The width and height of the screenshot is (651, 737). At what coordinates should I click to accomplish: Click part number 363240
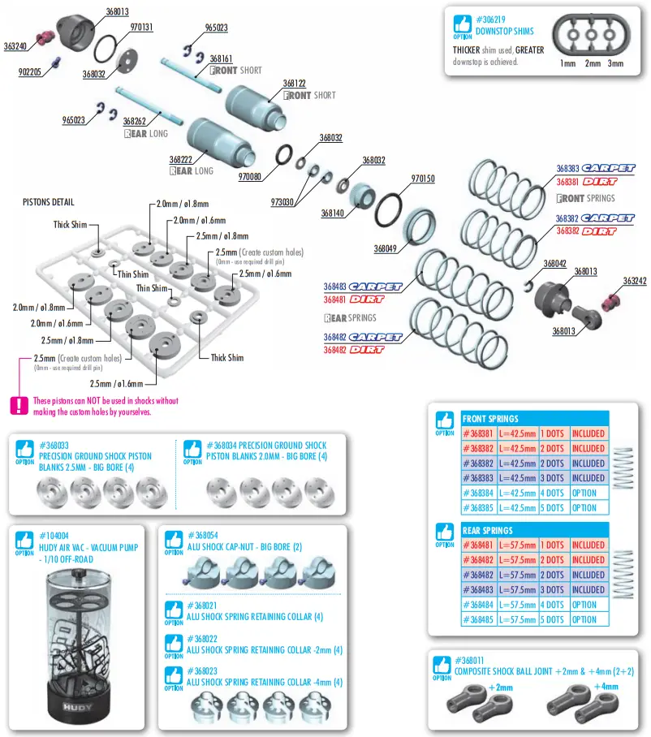pos(15,46)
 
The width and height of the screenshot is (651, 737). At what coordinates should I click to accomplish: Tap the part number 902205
pos(30,71)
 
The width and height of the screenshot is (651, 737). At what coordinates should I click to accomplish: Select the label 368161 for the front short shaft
pos(221,59)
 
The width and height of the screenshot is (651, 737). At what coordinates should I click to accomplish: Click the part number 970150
pos(423,179)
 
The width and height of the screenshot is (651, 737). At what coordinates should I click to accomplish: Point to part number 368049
pos(386,249)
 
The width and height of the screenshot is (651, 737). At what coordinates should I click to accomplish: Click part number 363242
pos(635,281)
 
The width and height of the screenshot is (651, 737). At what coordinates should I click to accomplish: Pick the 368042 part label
pos(554,264)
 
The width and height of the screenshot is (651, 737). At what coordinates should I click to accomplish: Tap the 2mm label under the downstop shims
pos(593,63)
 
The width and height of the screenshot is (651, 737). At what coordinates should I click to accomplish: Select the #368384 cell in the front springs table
pos(479,493)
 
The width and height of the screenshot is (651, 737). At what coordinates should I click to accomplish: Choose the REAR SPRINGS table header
pos(489,531)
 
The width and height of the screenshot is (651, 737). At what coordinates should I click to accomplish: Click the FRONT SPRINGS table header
pos(490,419)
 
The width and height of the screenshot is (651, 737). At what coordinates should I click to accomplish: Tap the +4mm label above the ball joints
pos(606,687)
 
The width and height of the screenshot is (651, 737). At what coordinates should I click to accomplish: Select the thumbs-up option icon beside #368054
pos(174,540)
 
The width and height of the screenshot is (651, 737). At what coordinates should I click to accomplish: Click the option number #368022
pos(202,639)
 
